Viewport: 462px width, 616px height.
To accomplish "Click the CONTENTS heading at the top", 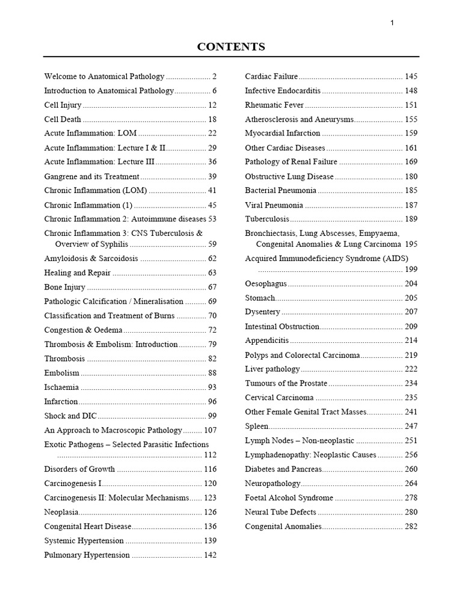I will point(231,47).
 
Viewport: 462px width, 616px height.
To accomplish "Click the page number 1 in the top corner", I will point(392,23).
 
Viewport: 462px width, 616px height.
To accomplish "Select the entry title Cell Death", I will point(63,119).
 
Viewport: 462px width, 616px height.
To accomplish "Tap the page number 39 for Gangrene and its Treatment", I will point(212,176).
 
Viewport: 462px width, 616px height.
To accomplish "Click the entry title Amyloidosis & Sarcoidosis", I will point(91,258).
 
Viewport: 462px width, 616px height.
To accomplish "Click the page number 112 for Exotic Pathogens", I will point(210,454).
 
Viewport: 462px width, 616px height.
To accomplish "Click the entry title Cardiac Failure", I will point(271,76).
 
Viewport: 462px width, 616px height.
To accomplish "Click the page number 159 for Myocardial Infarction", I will point(411,134).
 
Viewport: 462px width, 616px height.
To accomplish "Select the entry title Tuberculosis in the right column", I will point(267,219).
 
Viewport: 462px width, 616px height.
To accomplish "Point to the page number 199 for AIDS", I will point(411,269).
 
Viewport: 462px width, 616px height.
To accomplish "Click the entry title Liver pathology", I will point(272,369).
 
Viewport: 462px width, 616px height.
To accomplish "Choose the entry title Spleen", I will point(256,426).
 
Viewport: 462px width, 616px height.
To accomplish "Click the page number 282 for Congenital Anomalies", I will point(411,526).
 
